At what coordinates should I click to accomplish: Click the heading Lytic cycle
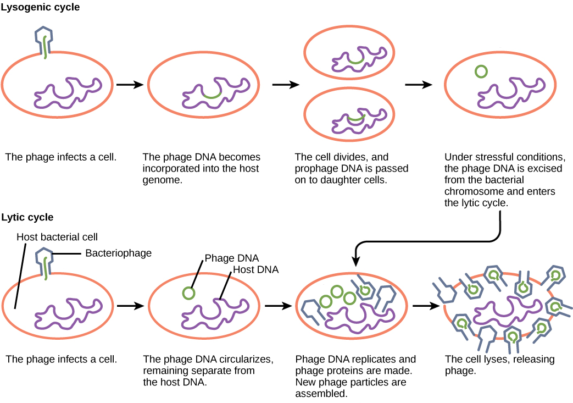(27, 217)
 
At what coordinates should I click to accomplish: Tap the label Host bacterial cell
(57, 238)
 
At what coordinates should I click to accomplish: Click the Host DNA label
(255, 269)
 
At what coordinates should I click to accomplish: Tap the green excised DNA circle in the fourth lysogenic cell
(481, 71)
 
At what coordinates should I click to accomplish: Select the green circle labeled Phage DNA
(188, 292)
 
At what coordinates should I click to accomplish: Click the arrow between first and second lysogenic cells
(130, 85)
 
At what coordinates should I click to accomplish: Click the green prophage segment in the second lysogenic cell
(213, 96)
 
